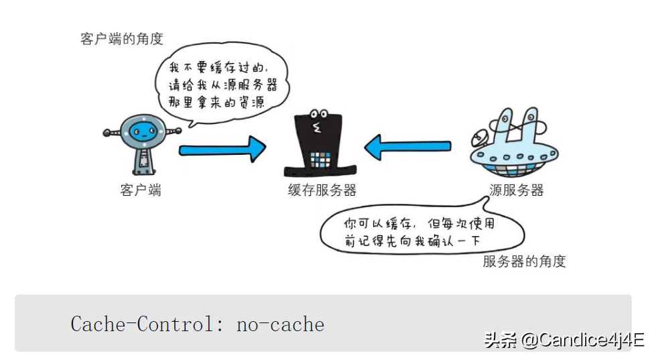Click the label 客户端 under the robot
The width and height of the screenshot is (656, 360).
click(141, 190)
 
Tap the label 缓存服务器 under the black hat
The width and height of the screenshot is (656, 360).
click(322, 190)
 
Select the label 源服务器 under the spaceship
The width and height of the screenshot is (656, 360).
click(516, 190)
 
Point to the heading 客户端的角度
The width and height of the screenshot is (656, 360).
click(122, 38)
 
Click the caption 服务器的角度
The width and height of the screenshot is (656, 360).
click(524, 261)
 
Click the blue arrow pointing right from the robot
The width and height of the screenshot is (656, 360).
click(222, 148)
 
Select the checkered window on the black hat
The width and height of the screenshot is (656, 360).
click(321, 159)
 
